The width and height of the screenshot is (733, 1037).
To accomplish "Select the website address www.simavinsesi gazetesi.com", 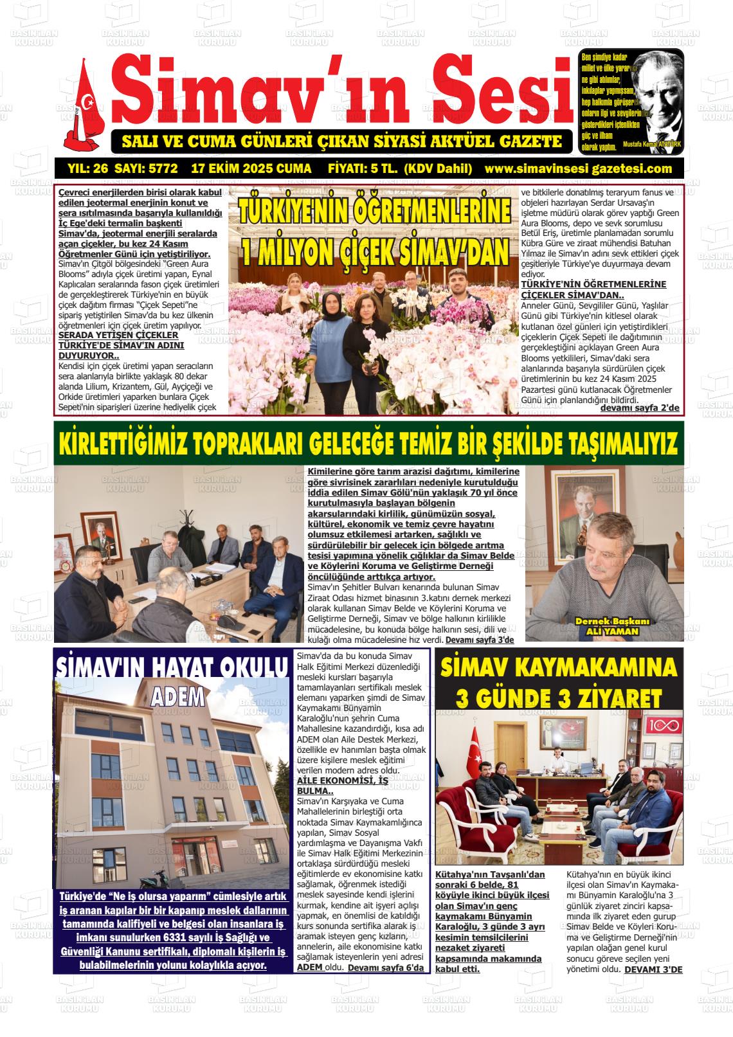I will click(579, 169).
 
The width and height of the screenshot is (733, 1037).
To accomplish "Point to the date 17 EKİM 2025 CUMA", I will click(251, 169).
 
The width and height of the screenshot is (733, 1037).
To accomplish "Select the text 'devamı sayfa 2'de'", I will click(639, 408).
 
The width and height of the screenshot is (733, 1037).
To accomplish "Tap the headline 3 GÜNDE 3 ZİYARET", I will click(558, 697).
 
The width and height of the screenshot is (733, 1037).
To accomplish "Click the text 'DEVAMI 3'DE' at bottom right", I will click(653, 969).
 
